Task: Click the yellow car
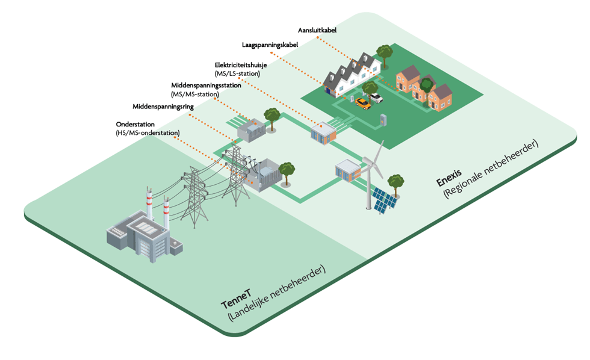click(363, 103)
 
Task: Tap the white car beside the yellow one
click(376, 97)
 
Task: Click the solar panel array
click(383, 199)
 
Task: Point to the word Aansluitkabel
click(318, 29)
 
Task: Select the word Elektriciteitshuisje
click(244, 65)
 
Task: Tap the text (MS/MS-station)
click(195, 95)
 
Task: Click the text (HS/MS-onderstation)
click(147, 132)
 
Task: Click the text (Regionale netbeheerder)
click(491, 170)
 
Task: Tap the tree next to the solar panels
click(396, 181)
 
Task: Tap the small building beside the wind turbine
click(348, 171)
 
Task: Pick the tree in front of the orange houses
click(426, 85)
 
